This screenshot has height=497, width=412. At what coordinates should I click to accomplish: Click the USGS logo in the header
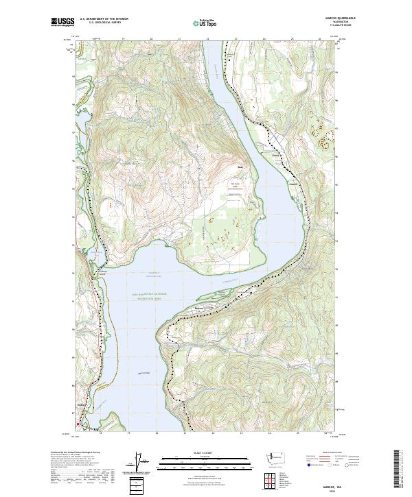[63, 22]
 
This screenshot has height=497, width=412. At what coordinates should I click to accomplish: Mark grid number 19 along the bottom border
[129, 433]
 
